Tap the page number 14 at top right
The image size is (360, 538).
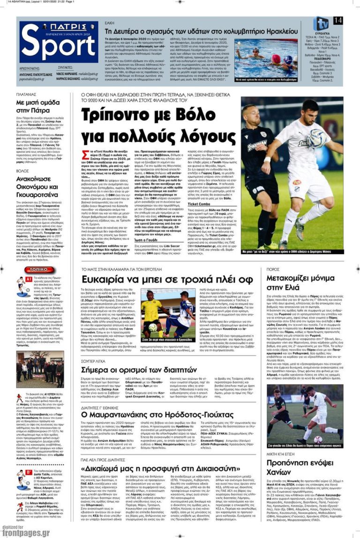[x=337, y=21]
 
